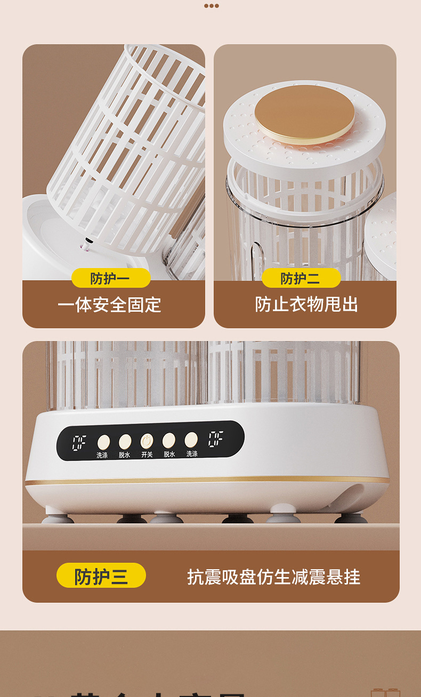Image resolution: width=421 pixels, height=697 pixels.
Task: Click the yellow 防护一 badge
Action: pos(111,278)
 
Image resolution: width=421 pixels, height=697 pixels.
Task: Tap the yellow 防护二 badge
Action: pos(301,278)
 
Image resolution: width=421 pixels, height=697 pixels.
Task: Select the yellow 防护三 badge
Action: pos(101,576)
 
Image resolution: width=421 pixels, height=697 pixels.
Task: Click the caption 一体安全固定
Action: pos(109,305)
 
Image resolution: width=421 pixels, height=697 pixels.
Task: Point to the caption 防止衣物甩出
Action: pos(306,304)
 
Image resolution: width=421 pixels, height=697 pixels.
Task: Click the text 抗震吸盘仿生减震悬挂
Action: pos(273,577)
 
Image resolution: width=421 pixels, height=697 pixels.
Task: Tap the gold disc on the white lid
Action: pos(304,112)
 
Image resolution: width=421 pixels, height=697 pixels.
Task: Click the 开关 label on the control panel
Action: pos(147,455)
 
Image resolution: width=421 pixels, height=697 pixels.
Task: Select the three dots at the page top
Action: pos(211,6)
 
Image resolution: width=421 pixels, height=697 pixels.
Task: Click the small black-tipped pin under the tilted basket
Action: pos(83,246)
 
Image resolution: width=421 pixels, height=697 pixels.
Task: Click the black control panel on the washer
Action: pos(150,440)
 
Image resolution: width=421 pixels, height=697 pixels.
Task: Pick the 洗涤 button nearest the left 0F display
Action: pos(103,441)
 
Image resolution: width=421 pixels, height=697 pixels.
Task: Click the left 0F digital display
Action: pos(80,442)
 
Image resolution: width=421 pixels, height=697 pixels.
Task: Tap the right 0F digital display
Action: pos(215,439)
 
